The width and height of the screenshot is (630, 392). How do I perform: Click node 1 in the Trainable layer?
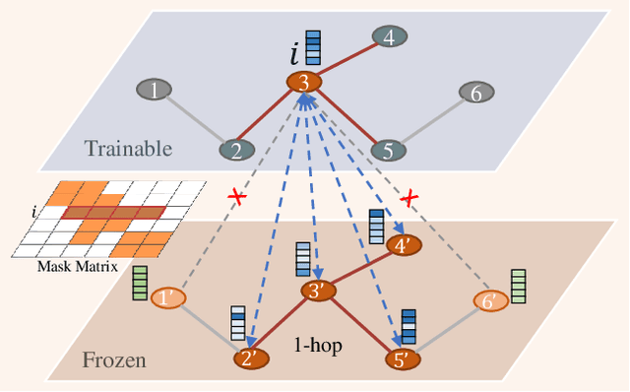[x=155, y=91]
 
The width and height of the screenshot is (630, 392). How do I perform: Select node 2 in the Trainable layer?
[x=235, y=150]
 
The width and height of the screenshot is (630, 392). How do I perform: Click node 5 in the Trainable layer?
[x=388, y=150]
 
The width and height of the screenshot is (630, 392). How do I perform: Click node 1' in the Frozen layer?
[x=169, y=296]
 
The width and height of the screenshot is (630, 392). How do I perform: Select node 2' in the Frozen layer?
[x=251, y=359]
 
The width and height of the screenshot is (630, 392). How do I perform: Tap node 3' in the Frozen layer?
[x=318, y=292]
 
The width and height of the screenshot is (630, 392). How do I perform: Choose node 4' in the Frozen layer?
[x=402, y=245]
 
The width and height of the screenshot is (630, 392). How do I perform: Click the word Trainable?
[x=128, y=149]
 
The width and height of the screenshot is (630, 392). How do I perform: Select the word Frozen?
[x=114, y=360]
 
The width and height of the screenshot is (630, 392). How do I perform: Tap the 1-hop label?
[x=318, y=346]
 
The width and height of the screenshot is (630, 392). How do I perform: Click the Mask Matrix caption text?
[x=76, y=266]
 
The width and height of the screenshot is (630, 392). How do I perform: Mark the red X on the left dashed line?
[x=236, y=198]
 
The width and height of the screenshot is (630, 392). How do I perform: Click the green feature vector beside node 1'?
[x=140, y=283]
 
